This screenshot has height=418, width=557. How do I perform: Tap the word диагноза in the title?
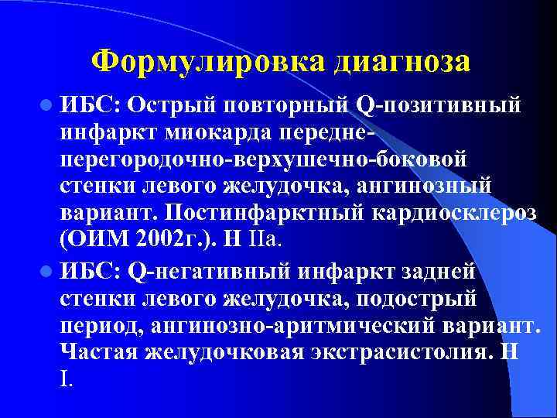coord(402,62)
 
